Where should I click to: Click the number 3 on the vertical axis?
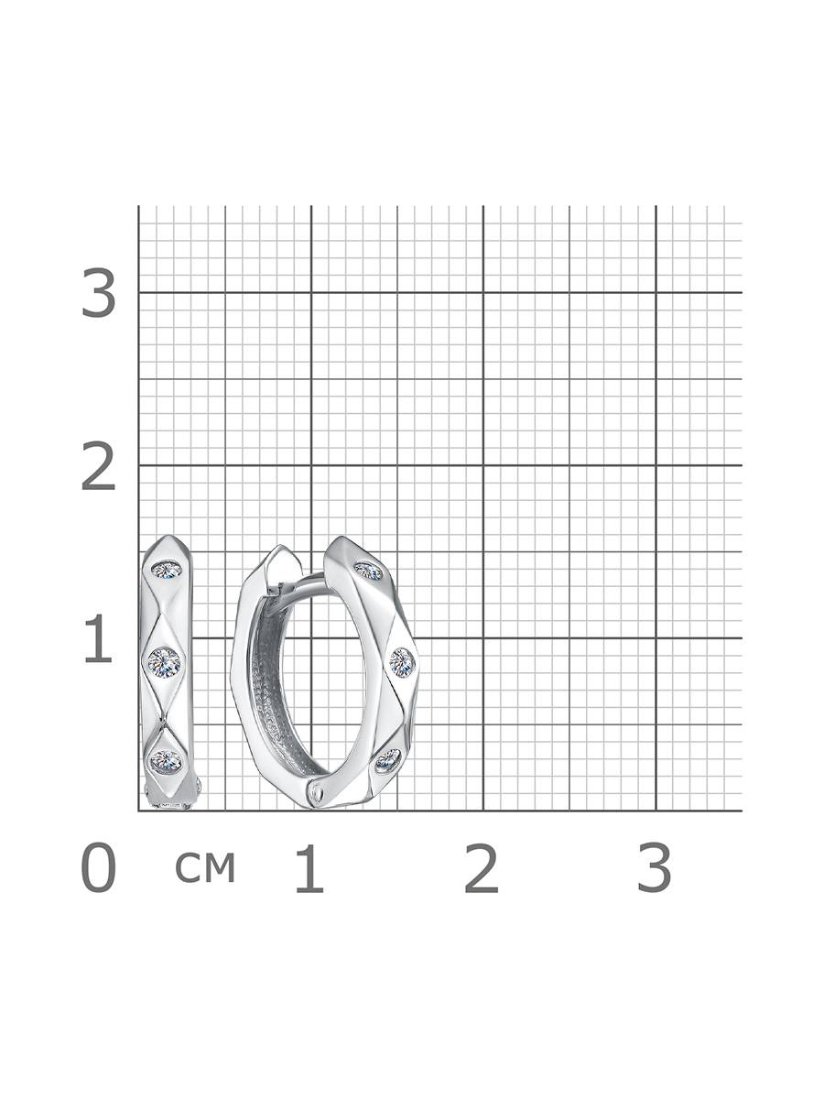point(98,293)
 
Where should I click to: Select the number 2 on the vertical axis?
point(98,465)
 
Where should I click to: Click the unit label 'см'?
point(205,866)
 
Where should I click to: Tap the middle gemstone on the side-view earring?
point(164,661)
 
